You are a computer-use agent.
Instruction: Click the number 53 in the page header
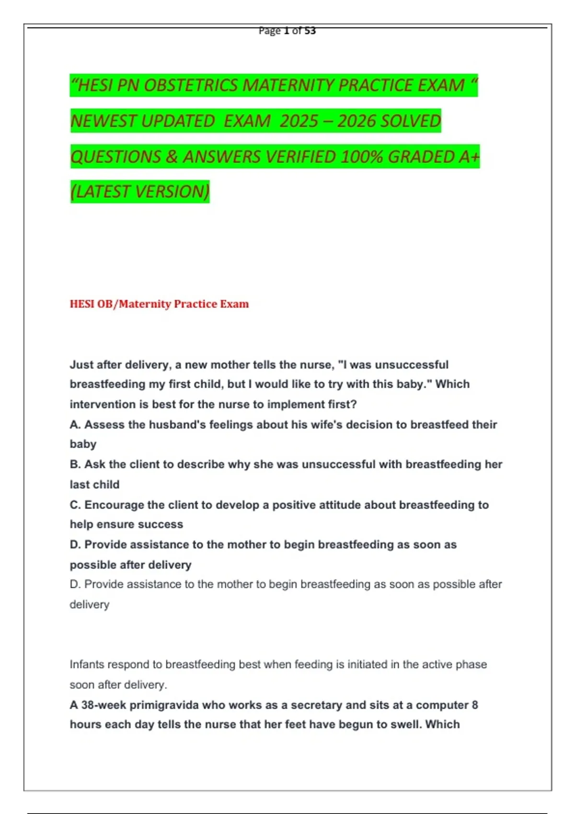310,31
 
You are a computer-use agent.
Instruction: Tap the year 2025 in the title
299,121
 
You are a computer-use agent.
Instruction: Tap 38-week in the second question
104,705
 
